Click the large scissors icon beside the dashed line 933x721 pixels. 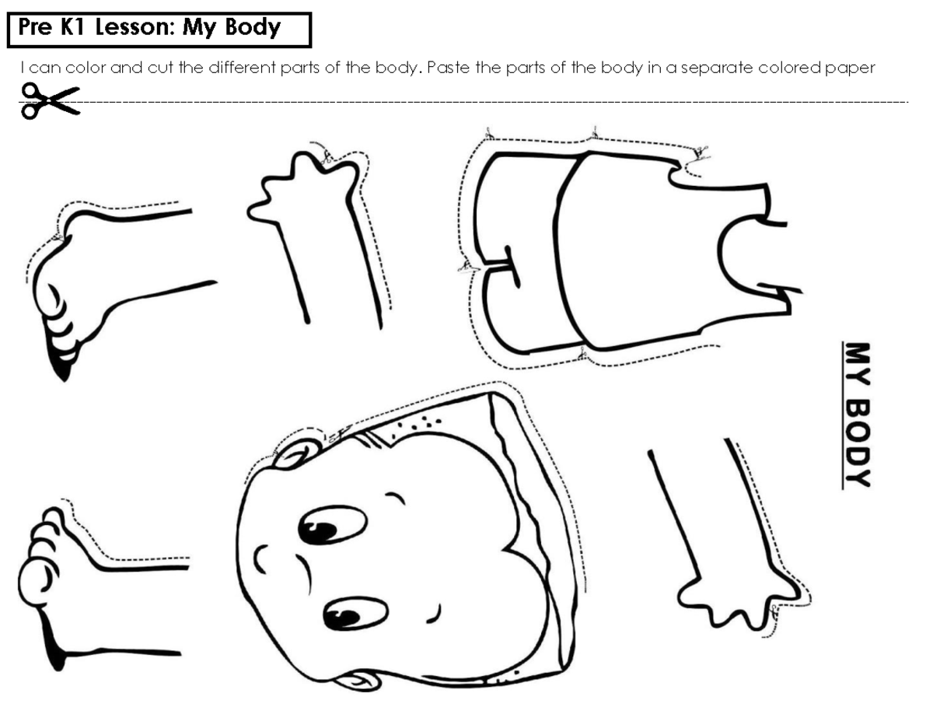pyautogui.click(x=51, y=101)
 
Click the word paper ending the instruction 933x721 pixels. pyautogui.click(x=852, y=68)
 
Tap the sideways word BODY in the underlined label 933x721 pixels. pyautogui.click(x=857, y=444)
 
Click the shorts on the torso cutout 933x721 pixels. pyautogui.click(x=521, y=249)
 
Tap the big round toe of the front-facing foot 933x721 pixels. pyautogui.click(x=36, y=579)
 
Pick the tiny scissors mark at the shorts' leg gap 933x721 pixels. pyautogui.click(x=465, y=268)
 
